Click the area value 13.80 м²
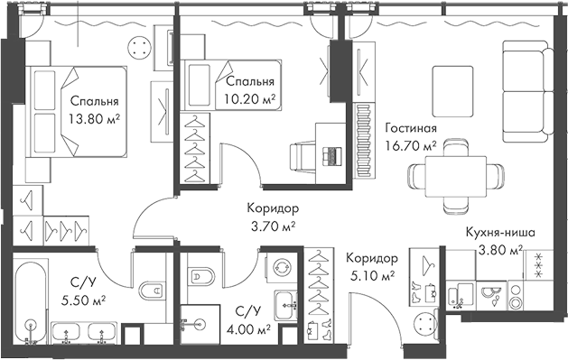point(92,117)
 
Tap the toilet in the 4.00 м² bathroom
point(203,276)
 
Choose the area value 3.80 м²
point(506,249)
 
